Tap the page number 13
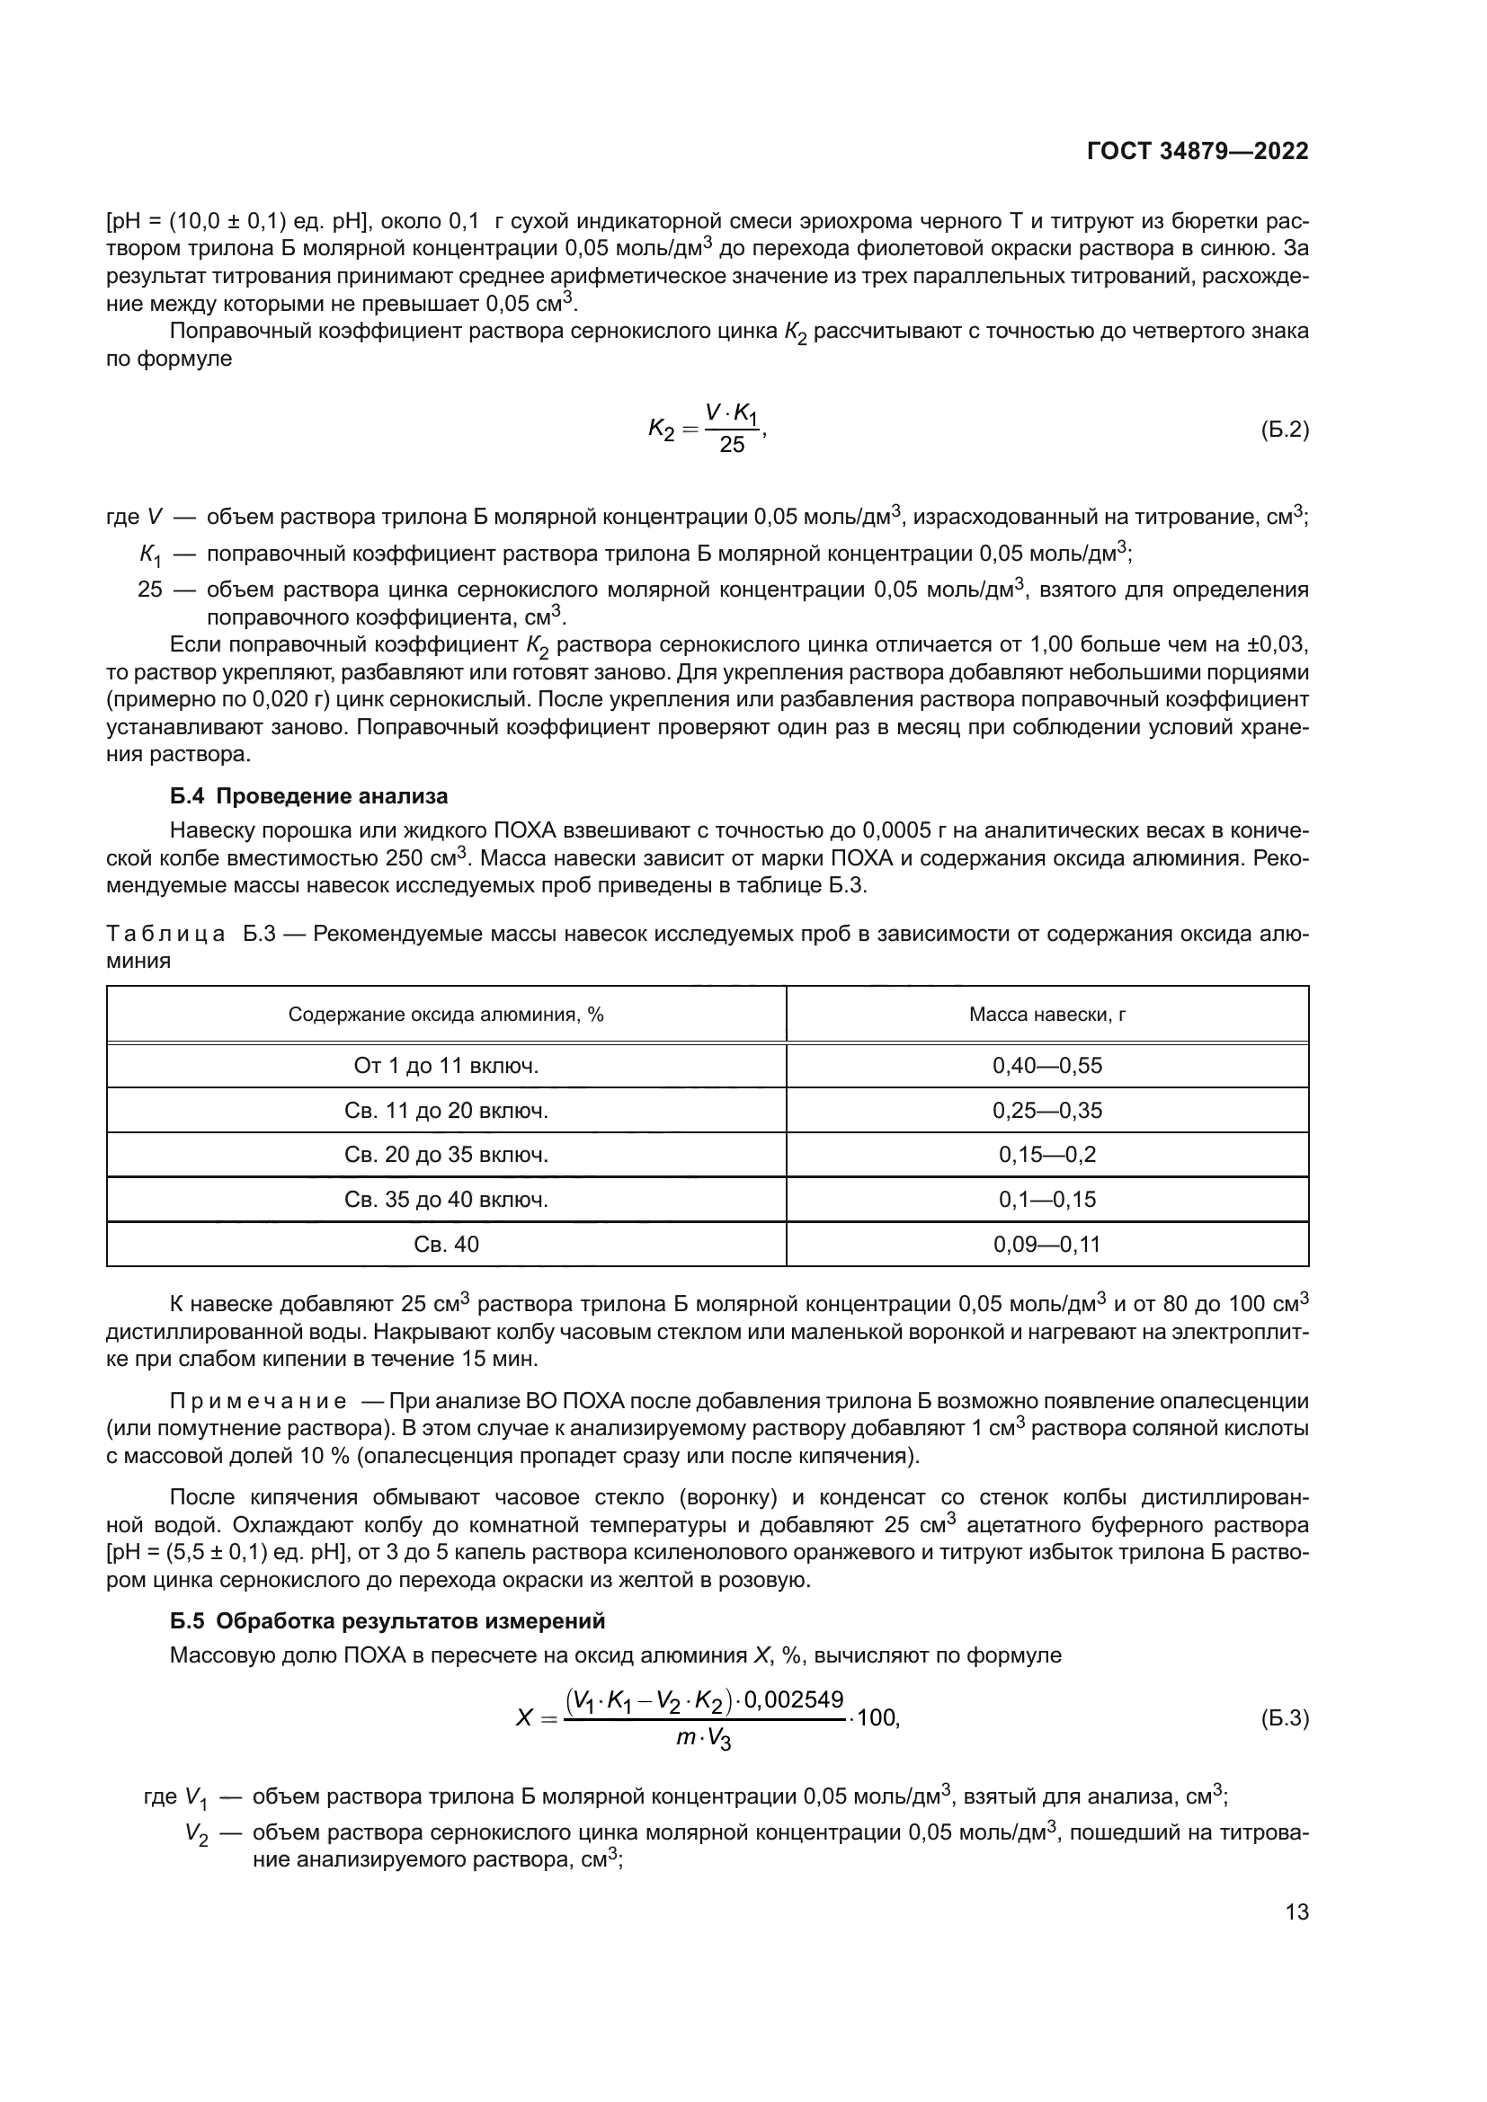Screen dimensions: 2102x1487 coord(1296,1912)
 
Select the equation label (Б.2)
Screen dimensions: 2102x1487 coord(1285,430)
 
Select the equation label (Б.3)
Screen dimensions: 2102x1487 coord(1285,1718)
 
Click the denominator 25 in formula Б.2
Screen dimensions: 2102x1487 coord(732,446)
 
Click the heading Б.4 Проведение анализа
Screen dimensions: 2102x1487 coord(308,796)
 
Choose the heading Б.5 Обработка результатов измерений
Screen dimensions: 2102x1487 coord(387,1621)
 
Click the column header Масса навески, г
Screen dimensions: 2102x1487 coord(1046,1015)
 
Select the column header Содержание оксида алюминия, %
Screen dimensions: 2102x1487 coord(446,1015)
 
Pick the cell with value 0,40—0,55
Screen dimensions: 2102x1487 coord(1046,1066)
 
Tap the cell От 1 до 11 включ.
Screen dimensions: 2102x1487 coord(446,1066)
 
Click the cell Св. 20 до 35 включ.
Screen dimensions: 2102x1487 coord(446,1156)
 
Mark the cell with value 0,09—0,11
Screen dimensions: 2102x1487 coord(1046,1244)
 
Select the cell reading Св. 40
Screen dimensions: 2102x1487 coord(446,1244)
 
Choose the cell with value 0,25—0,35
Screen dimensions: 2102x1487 coord(1046,1111)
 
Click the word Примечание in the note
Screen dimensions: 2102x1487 coord(258,1402)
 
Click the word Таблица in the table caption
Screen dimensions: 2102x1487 coord(165,935)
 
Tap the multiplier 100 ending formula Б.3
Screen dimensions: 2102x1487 coord(878,1718)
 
